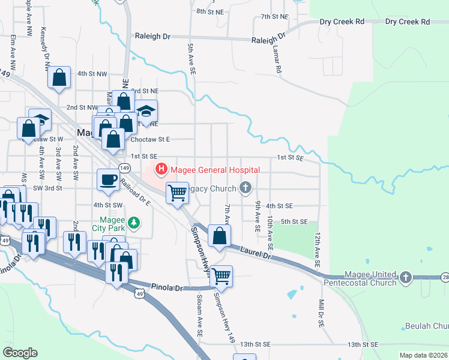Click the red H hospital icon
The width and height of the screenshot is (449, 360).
(161, 170)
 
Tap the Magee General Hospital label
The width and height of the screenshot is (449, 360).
(215, 170)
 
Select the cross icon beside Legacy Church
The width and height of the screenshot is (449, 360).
(244, 189)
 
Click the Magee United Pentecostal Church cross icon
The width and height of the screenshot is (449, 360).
(406, 277)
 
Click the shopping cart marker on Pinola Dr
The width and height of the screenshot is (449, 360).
(221, 276)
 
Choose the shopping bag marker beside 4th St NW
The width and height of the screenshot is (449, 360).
(59, 77)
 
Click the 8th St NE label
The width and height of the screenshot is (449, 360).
(209, 12)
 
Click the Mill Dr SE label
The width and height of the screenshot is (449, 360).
(321, 313)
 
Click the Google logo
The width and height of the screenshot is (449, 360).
(20, 353)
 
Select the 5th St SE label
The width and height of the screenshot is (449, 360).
(294, 222)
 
